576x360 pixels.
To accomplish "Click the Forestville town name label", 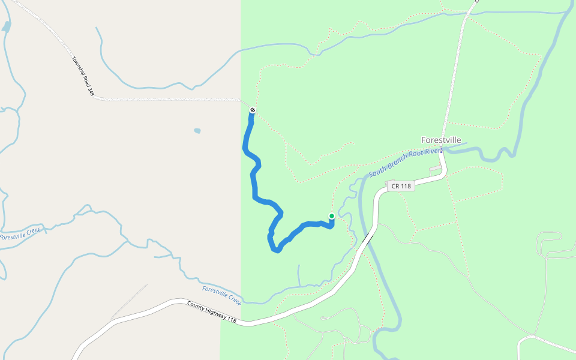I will tap(441, 140).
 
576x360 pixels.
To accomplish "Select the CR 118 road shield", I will tap(401, 186).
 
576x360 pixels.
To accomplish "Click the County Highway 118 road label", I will tap(212, 313).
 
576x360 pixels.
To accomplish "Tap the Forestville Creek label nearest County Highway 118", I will tap(221, 295).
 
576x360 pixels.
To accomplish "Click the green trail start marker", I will tap(332, 216).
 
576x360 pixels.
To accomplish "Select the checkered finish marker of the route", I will tap(253, 110).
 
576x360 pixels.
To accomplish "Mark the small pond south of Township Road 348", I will tap(197, 130).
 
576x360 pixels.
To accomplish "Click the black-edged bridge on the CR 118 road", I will tap(366, 239).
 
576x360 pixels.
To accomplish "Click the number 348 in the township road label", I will tap(91, 91).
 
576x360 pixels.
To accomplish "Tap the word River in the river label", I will tap(432, 152).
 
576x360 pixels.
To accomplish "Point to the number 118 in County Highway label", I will tap(230, 320).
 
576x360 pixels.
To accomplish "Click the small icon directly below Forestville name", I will tap(441, 149).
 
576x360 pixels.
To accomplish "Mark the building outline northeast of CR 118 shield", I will tap(435, 170).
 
